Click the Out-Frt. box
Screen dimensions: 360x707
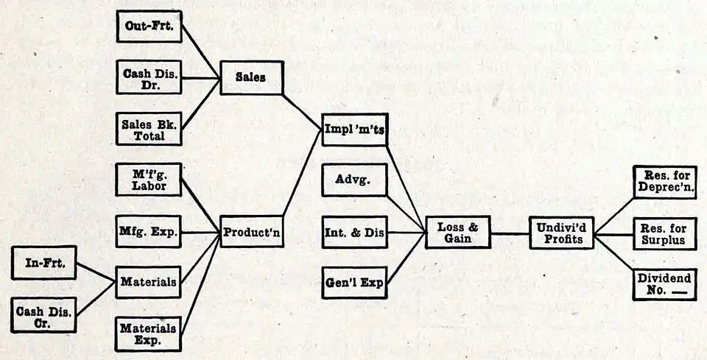tap(149, 27)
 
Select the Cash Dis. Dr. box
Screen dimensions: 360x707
tap(149, 77)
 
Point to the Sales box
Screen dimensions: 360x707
tap(251, 77)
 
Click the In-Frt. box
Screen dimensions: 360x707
tap(45, 263)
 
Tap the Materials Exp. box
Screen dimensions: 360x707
tap(149, 333)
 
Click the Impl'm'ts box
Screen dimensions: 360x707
tap(355, 130)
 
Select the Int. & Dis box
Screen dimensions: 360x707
tap(355, 233)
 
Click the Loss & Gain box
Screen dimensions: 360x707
tap(458, 233)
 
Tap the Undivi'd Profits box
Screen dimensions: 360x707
tap(562, 233)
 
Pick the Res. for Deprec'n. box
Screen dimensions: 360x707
tap(664, 180)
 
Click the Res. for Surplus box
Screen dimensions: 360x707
tap(664, 233)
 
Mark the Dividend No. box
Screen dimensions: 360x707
tap(664, 284)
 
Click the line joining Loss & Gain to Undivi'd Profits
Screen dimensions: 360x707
tap(510, 233)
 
